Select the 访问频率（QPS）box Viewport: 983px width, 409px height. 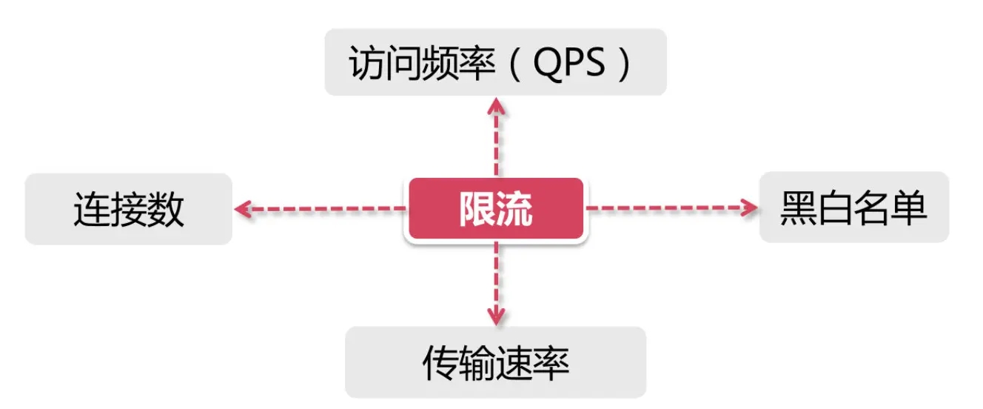(495, 63)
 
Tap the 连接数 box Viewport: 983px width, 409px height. (129, 209)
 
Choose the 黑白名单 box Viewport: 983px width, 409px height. (853, 207)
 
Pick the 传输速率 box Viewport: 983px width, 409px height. (495, 362)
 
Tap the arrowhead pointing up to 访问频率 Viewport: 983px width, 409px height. (496, 106)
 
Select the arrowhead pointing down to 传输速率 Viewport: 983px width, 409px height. (496, 316)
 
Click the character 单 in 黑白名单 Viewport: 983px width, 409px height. (910, 208)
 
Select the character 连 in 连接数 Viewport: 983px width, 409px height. (91, 210)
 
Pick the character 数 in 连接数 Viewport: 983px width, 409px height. (166, 210)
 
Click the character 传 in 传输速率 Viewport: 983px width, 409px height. (440, 363)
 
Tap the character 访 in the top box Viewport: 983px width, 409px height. (366, 64)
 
